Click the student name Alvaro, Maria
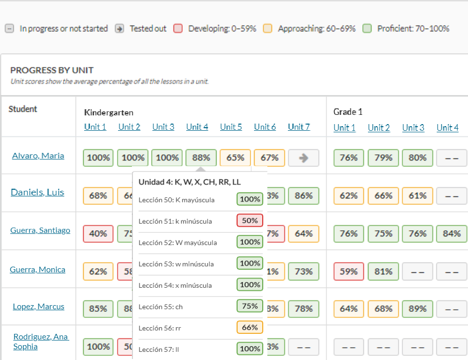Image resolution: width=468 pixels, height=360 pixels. (x=38, y=155)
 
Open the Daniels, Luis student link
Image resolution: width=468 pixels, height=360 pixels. (x=37, y=192)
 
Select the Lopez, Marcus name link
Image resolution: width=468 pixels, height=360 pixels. (x=38, y=306)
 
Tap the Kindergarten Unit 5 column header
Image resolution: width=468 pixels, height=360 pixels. (x=231, y=127)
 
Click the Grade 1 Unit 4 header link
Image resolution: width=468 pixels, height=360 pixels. (x=447, y=127)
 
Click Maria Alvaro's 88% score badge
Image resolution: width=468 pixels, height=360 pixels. (x=201, y=158)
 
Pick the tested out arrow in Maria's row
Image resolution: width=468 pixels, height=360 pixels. (x=303, y=158)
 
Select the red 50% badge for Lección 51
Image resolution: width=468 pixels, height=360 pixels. (x=250, y=221)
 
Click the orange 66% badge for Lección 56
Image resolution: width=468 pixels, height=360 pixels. (x=250, y=327)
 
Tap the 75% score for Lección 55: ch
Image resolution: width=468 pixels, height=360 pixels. (x=250, y=306)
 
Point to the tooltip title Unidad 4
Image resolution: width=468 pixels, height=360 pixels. (x=189, y=182)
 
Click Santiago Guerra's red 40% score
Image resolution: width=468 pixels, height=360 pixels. (x=98, y=233)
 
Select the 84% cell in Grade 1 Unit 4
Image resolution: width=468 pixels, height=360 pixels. (x=452, y=233)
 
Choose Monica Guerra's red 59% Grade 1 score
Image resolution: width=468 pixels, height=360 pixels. (x=348, y=271)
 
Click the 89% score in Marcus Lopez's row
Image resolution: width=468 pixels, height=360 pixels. (x=417, y=309)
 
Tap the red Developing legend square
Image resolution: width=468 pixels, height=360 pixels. (x=178, y=29)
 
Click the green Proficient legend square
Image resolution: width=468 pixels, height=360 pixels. (x=367, y=29)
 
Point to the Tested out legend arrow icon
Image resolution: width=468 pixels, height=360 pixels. (x=120, y=29)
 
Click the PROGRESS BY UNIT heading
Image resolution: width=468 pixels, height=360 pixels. (x=52, y=70)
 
